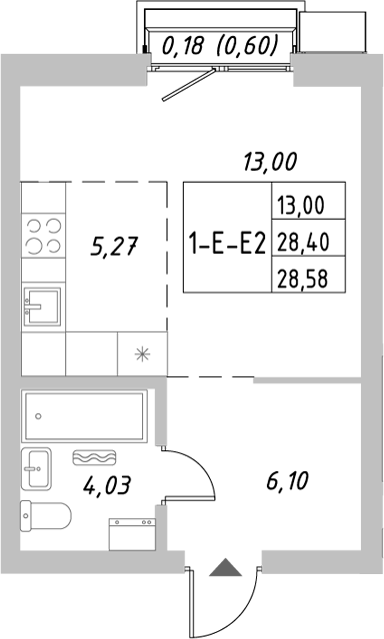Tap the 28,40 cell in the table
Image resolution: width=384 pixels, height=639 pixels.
(307, 240)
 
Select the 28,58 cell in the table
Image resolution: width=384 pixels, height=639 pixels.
(307, 275)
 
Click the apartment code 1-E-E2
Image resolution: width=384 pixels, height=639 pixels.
(226, 241)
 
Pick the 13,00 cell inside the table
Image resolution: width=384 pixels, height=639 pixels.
(307, 205)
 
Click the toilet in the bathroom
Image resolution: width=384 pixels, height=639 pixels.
(44, 517)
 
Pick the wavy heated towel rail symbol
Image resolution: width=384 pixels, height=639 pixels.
(98, 457)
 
